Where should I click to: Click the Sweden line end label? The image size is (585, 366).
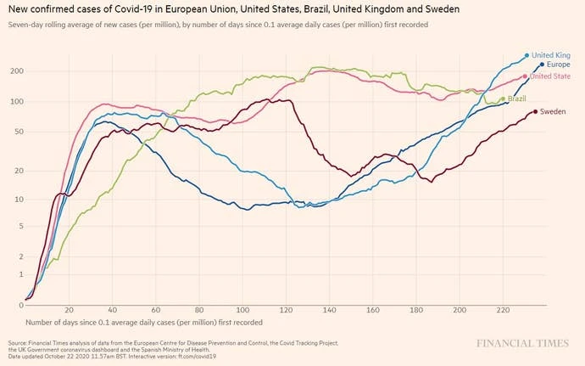click(553, 111)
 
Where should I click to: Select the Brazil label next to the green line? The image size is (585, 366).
click(516, 99)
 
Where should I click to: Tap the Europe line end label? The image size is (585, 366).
click(558, 65)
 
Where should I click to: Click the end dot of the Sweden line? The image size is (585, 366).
click(535, 111)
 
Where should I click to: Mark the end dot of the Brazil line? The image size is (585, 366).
click(503, 99)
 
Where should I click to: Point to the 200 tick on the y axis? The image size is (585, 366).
click(14, 71)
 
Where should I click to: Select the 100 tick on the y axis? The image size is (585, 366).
click(14, 102)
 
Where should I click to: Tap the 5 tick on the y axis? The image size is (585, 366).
click(19, 226)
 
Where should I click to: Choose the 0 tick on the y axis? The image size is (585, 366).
click(19, 305)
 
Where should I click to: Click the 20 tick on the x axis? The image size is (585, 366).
click(69, 310)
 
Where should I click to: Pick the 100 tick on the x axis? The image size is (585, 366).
click(243, 310)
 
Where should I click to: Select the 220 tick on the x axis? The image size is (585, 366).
click(504, 310)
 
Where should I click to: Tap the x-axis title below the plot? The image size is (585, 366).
click(143, 323)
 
